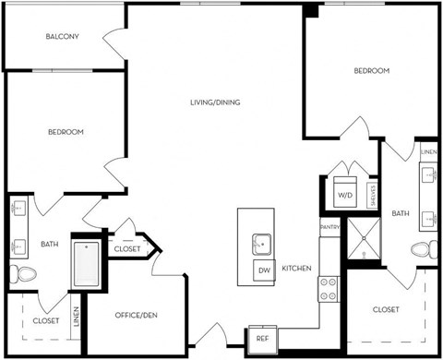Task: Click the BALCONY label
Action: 62,37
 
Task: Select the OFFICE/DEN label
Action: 134,317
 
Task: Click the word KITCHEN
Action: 296,269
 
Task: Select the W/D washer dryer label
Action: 343,196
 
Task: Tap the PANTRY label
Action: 329,227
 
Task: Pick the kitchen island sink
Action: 261,243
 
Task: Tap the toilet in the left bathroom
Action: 22,273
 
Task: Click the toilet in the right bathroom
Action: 423,249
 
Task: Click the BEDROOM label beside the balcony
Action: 66,132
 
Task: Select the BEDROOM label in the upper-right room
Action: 371,71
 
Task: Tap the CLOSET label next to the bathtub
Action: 126,249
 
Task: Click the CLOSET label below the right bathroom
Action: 386,310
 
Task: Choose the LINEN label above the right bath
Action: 427,150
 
